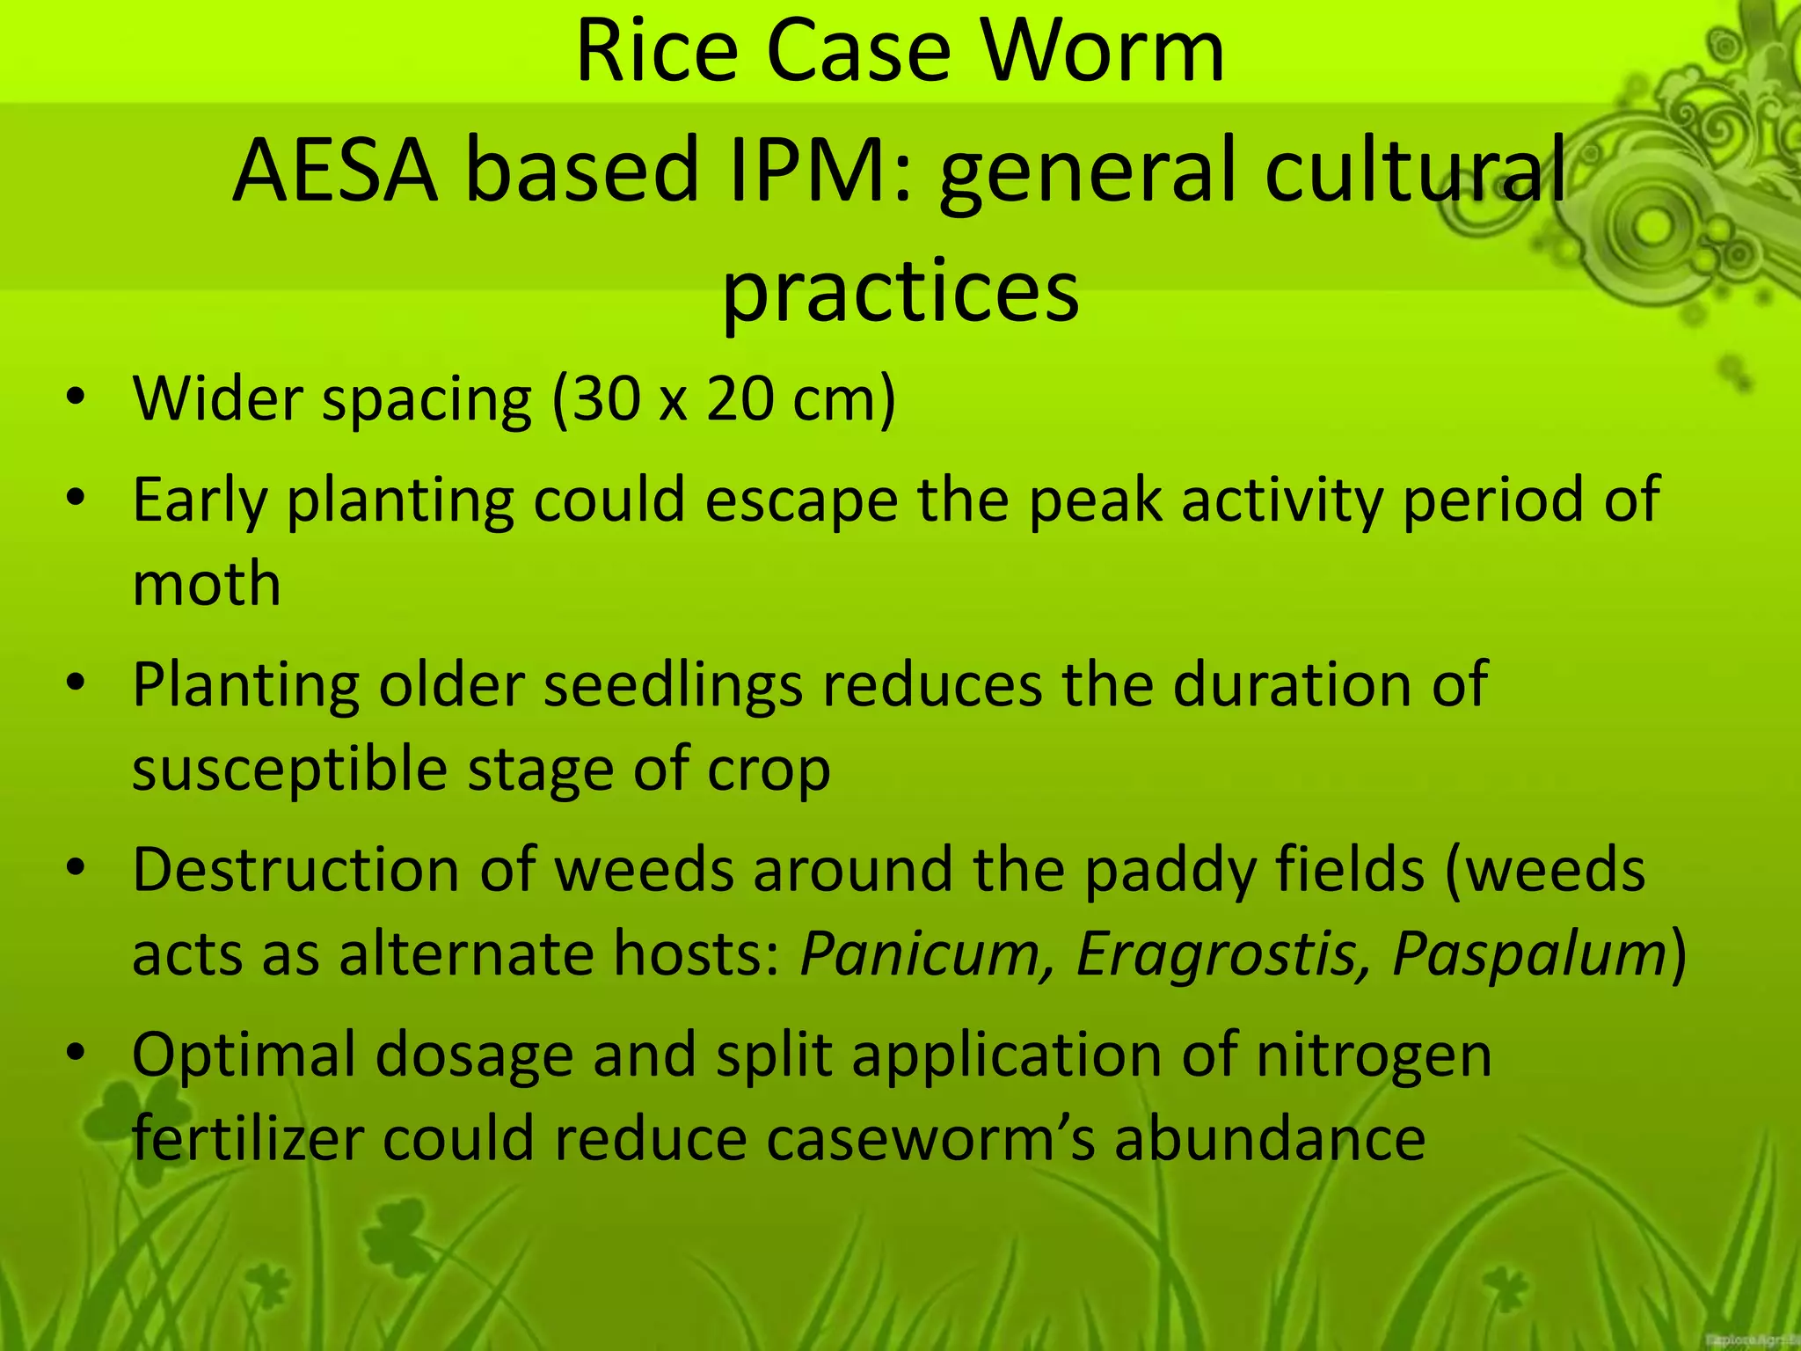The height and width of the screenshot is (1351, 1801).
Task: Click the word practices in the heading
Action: [x=900, y=290]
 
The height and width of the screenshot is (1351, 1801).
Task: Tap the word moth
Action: [x=207, y=584]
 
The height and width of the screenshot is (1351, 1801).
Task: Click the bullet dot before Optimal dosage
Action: [x=77, y=1052]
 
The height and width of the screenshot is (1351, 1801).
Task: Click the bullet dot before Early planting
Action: [x=77, y=498]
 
